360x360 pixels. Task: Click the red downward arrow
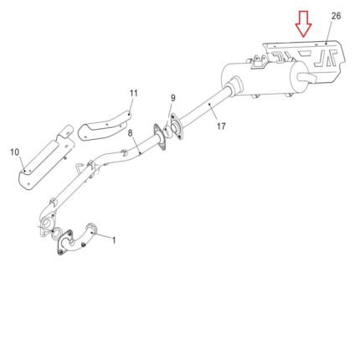303,23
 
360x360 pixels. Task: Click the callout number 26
336,16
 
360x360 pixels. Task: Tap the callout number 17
221,126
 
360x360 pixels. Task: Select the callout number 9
173,98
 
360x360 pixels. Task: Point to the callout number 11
134,93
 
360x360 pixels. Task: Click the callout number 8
131,133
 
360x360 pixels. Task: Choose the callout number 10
15,152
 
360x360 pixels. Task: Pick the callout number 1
114,240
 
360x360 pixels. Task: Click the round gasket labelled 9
167,131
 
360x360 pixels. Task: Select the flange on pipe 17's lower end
177,126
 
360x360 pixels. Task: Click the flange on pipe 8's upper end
159,138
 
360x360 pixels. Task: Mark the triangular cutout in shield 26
304,53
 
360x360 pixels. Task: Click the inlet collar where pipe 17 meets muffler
235,85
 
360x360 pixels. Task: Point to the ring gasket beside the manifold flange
57,233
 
